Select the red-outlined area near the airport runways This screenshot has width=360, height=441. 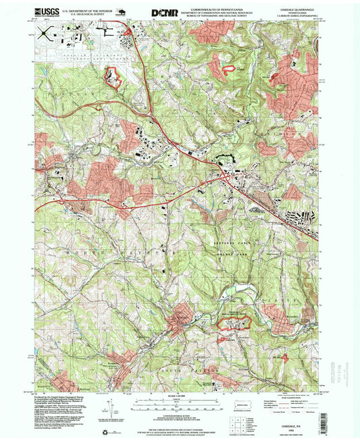point(112,77)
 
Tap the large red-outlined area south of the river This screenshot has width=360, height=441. point(234,323)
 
